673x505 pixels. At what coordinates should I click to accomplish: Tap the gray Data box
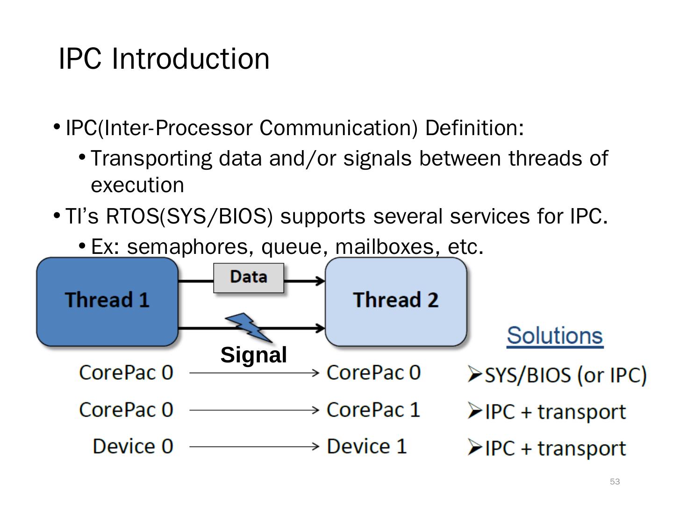249,277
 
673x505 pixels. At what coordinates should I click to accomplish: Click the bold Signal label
253,355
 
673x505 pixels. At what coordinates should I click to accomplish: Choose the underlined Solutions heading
555,336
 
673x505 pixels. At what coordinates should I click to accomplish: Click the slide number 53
615,482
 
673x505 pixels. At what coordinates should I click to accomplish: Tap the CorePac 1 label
373,410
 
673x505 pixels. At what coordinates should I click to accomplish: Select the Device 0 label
133,446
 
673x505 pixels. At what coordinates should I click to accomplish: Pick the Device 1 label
367,446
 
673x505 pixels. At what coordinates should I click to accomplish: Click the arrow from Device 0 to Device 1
254,447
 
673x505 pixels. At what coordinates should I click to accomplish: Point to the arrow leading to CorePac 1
254,410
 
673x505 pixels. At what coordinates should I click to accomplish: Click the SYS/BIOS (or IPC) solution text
566,375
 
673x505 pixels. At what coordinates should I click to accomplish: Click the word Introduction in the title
191,59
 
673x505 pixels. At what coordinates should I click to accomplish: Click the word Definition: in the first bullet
474,128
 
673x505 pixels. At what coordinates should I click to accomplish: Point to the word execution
137,185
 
